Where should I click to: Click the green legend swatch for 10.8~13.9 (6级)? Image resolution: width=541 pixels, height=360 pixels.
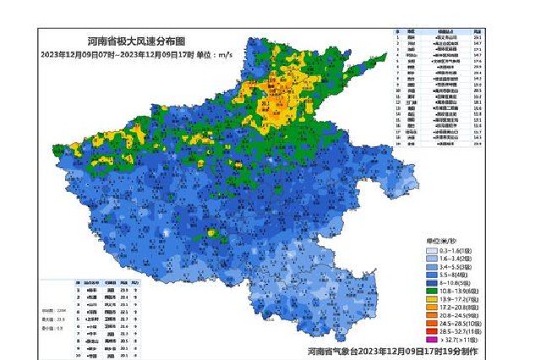(432, 292)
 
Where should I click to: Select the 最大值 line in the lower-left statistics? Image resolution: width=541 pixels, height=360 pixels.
(50, 319)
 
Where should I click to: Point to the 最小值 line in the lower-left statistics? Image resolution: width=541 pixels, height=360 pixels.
(50, 328)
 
